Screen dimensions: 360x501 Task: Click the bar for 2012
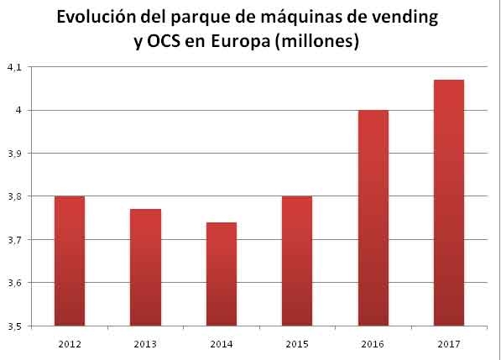69,260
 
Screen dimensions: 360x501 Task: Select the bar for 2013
145,267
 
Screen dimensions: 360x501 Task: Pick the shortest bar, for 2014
221,274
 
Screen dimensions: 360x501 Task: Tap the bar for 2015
296,260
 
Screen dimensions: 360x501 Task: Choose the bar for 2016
373,217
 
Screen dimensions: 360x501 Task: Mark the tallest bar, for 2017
448,202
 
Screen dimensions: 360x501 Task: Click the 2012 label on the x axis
69,344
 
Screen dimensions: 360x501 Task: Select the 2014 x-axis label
221,344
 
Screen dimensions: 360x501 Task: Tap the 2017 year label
448,344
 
